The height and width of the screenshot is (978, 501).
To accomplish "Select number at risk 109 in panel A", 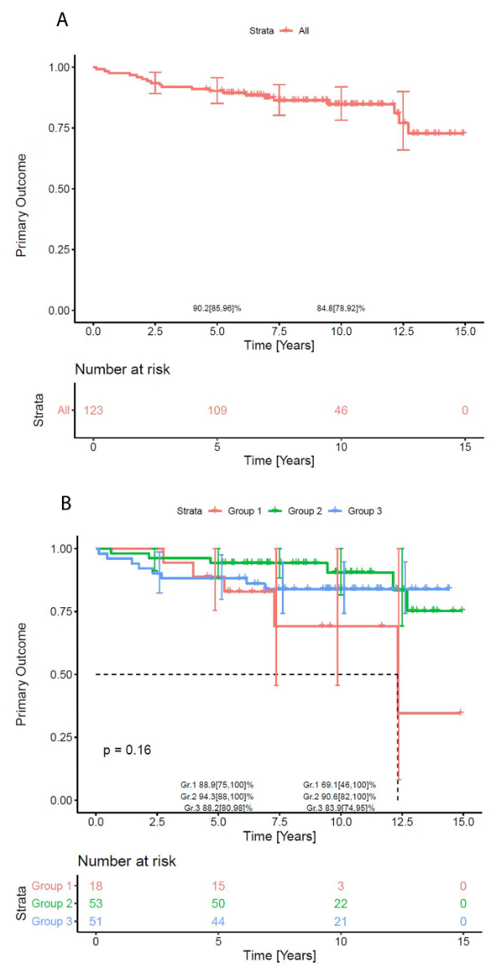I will pos(217,410).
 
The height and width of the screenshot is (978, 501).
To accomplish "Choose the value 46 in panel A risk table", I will pos(341,410).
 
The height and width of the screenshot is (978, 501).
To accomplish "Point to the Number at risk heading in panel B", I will pos(127,861).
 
